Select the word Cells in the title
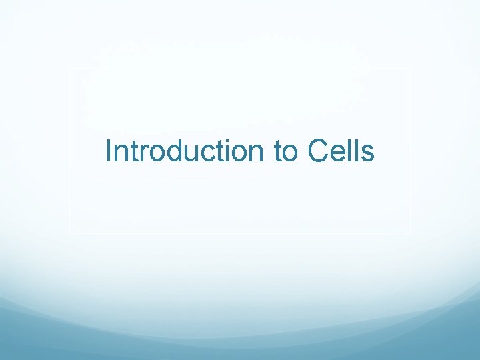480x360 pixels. pyautogui.click(x=341, y=151)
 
